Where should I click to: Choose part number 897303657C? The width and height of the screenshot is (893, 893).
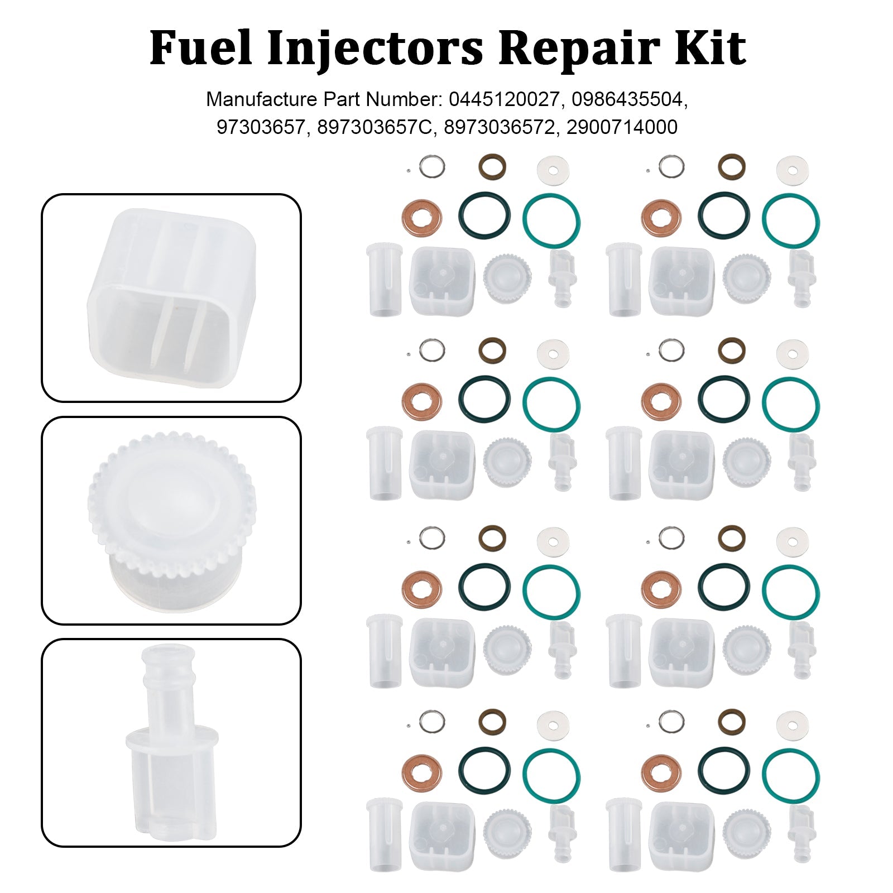click(375, 127)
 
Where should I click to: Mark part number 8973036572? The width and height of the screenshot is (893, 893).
click(500, 127)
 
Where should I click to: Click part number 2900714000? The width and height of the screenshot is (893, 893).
click(622, 127)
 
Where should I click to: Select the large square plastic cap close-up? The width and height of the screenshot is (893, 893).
click(171, 297)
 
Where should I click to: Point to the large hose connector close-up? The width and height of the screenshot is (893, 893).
click(171, 742)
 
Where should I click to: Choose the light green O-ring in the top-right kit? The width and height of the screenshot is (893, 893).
click(790, 220)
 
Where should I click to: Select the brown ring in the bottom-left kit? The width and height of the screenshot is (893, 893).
click(492, 721)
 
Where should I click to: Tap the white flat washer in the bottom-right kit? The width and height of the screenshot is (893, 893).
click(792, 726)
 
